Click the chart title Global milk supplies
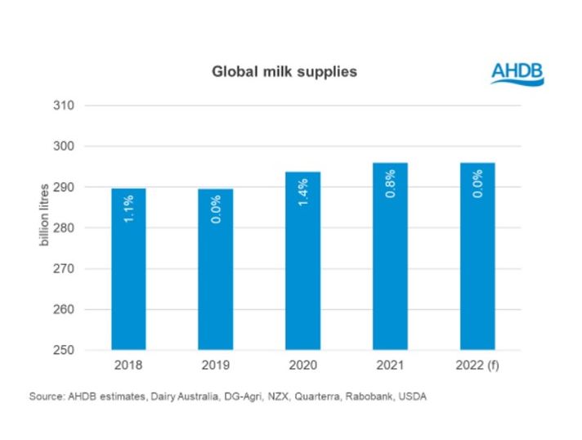point(284,72)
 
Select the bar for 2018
point(128,270)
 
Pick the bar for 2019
point(215,270)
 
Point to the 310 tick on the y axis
point(65,106)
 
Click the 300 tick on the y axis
point(65,146)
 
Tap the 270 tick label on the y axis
point(65,269)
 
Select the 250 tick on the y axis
point(65,350)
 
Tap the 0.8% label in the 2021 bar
point(391,183)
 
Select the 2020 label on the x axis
point(302,366)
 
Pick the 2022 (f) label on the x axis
point(477,366)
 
